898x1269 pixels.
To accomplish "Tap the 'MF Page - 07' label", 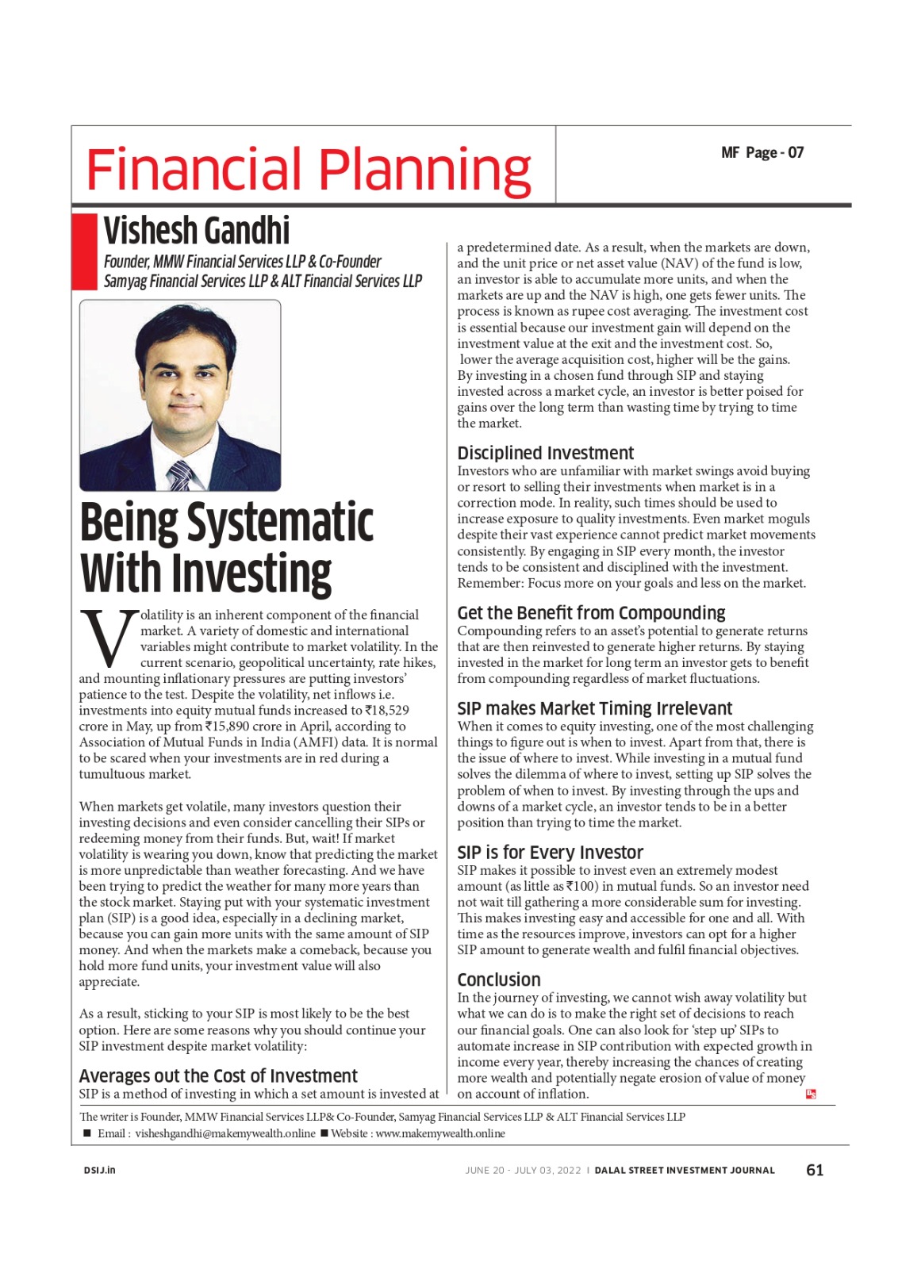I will coord(762,152).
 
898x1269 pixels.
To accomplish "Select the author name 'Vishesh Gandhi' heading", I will coord(197,231).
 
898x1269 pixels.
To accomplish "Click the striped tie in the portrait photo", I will coord(180,475).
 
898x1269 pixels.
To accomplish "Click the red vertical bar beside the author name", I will coord(83,251).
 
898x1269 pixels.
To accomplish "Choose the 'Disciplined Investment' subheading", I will coord(545,453).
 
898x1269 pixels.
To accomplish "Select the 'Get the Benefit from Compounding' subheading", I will coord(591,612).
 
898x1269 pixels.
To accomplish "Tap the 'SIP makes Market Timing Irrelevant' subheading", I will coord(594,708).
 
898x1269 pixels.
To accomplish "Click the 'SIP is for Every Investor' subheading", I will coord(550,852).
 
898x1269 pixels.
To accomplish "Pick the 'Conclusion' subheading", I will coord(498,980).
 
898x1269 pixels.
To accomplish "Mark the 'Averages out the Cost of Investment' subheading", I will coord(218,1075).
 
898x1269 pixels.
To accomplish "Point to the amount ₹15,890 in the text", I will coord(229,727).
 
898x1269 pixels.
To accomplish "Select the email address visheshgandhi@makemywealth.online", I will coord(224,1133).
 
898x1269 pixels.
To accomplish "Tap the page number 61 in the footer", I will coord(814,1170).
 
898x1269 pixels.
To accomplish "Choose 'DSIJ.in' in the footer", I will coord(99,1170).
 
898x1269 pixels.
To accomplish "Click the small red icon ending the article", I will coord(811,1094).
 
